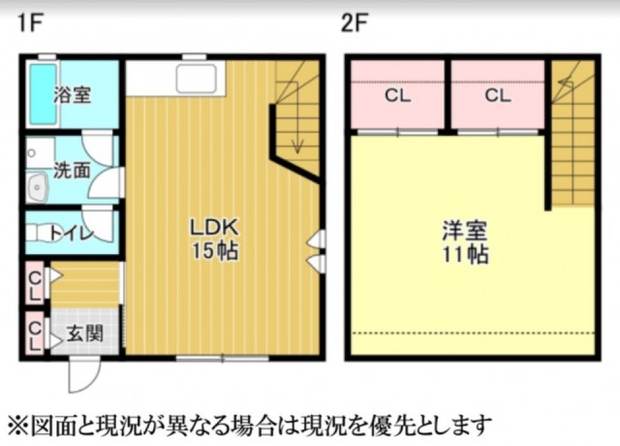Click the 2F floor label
[x=355, y=24]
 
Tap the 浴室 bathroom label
[x=72, y=96]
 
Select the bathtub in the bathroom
[x=43, y=94]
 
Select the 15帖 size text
[x=214, y=251]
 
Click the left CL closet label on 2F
[x=397, y=96]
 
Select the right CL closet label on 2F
[x=497, y=96]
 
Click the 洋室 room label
[x=464, y=231]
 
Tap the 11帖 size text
[x=464, y=254]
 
